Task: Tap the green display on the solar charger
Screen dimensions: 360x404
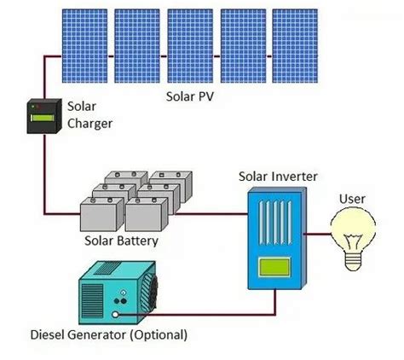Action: pos(40,109)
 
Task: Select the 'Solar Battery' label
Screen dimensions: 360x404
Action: pos(121,241)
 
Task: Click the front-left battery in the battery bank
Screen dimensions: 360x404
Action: pos(101,214)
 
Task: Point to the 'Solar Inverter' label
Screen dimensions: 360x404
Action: pos(279,177)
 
